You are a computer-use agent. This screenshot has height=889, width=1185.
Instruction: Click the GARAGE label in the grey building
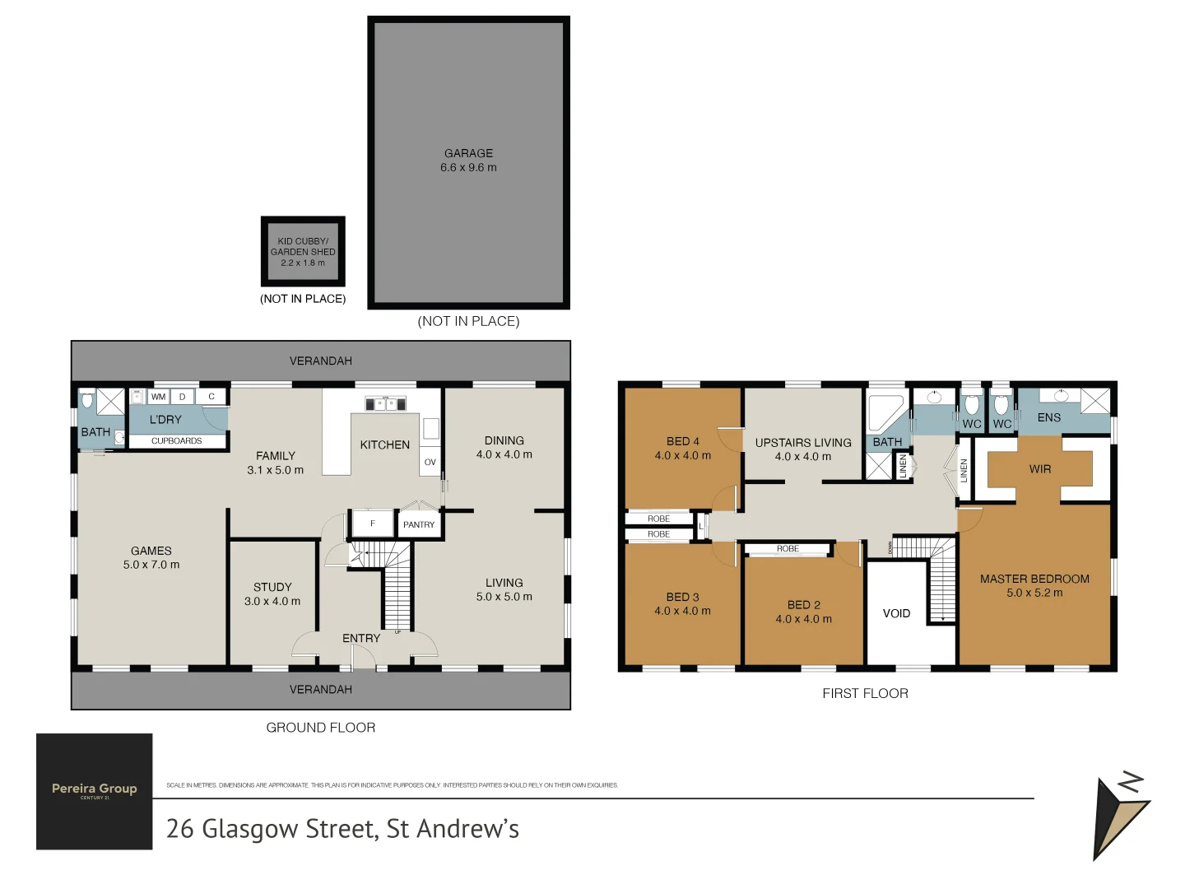468,153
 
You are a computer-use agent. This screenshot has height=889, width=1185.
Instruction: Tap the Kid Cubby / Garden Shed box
303,252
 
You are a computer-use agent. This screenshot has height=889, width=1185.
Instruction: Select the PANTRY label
419,524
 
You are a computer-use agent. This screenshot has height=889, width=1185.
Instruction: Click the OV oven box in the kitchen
430,462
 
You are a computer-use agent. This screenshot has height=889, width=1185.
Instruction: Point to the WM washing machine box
158,397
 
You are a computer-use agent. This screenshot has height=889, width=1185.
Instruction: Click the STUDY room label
272,587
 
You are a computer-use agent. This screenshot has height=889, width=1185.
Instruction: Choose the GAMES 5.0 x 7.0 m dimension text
151,565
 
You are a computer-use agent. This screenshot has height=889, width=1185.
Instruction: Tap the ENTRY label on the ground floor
361,638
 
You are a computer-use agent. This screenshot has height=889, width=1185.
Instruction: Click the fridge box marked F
372,524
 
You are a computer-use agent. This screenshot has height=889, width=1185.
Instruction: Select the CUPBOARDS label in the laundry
176,441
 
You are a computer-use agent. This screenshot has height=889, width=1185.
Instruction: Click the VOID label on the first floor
896,613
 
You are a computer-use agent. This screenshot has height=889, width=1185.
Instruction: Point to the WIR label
1040,469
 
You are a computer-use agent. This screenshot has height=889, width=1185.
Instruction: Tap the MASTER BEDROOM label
1034,579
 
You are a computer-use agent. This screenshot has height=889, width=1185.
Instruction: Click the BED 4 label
683,441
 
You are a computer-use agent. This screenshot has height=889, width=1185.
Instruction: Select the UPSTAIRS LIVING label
803,443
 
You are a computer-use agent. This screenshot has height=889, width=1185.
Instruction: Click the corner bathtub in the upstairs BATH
884,412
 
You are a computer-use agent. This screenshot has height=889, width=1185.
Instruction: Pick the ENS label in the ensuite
1048,417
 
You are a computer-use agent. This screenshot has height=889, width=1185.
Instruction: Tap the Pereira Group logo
95,791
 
